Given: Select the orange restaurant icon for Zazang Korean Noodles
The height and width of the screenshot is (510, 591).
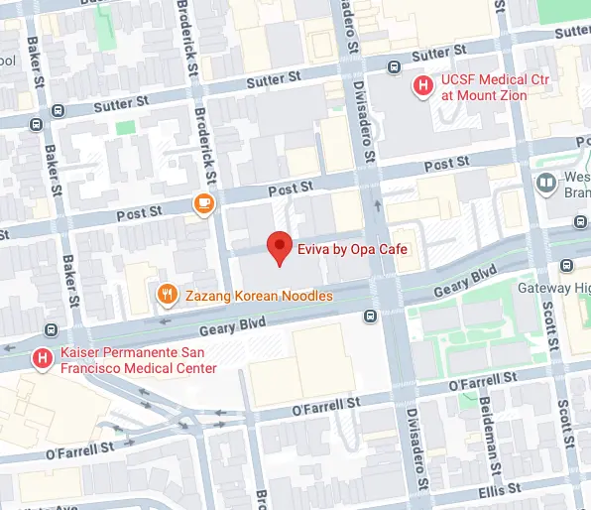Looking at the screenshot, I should tap(168, 295).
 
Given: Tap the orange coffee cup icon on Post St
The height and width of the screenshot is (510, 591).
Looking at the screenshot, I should tap(203, 204).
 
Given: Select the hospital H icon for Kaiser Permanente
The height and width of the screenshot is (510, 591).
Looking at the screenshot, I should tap(42, 357).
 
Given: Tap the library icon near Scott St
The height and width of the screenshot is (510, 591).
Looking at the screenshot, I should tap(544, 183).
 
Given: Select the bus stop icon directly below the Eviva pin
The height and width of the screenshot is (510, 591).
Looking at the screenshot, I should tap(370, 317).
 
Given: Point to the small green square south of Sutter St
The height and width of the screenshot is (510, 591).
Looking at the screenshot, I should tap(125, 127).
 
